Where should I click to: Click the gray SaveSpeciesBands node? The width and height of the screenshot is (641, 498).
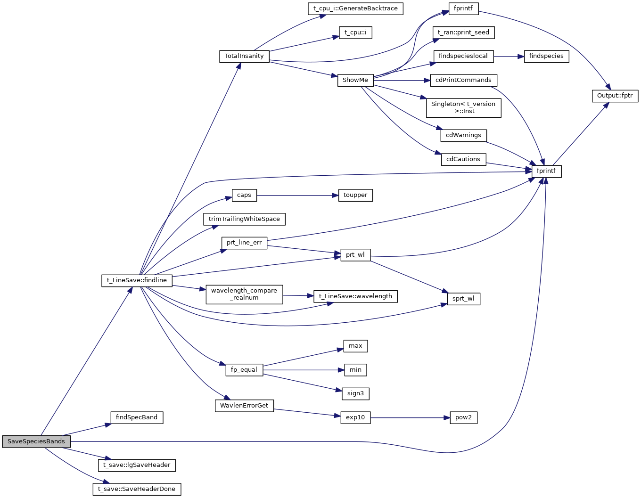(36, 441)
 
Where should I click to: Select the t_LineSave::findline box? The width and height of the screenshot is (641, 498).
(137, 280)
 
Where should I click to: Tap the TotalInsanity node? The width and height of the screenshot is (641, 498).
(244, 56)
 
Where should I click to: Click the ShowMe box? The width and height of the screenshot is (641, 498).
(355, 80)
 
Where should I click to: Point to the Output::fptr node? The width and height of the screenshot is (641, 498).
(615, 96)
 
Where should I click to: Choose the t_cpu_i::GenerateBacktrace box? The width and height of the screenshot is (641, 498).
(355, 8)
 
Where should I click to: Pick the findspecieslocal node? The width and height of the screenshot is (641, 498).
(463, 56)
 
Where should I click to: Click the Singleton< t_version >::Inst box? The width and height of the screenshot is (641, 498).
(463, 107)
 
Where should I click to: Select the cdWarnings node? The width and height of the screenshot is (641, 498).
(463, 135)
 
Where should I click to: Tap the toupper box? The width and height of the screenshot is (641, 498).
(355, 195)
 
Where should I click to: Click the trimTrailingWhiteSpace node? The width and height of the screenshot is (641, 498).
(244, 219)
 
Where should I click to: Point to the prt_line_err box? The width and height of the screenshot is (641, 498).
(244, 243)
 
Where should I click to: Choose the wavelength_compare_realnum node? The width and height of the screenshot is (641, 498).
(244, 294)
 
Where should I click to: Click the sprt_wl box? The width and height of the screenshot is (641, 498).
(463, 299)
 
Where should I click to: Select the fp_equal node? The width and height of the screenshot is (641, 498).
(244, 370)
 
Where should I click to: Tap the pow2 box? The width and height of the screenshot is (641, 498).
(463, 417)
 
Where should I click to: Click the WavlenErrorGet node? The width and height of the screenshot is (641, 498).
(244, 406)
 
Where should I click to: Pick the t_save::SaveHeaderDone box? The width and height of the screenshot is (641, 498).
(137, 489)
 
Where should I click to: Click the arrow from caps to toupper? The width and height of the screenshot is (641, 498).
(297, 195)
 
